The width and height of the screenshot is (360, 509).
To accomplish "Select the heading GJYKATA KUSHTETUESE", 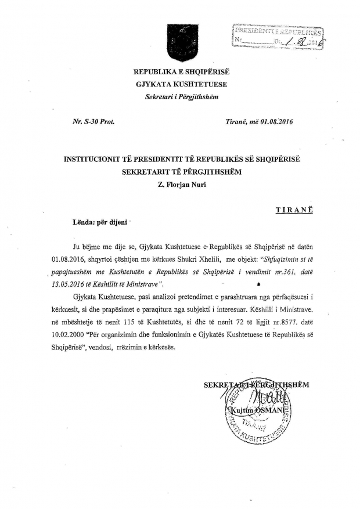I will click(x=181, y=84).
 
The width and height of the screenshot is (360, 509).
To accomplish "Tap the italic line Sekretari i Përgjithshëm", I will click(x=181, y=96).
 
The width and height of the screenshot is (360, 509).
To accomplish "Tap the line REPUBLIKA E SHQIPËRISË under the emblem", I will click(x=181, y=73).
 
